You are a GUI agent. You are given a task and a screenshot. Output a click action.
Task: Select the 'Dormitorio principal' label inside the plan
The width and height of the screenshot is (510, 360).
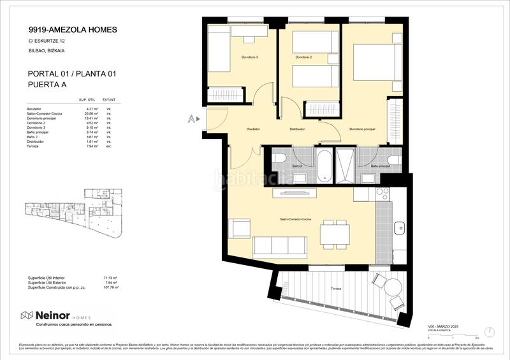(361, 129)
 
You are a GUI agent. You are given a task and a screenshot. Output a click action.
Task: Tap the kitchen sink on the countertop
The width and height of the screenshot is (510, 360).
(399, 226)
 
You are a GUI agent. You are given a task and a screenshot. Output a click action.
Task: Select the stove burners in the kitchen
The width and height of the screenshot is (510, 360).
(382, 193)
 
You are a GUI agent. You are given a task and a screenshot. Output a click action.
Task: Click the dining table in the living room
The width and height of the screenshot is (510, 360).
(334, 235)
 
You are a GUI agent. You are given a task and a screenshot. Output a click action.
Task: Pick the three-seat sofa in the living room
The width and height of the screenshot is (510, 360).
(280, 245)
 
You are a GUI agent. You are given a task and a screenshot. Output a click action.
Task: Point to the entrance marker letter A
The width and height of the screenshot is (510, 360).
(191, 119)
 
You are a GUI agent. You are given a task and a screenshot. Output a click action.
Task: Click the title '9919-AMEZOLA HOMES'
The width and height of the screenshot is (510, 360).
(73, 29)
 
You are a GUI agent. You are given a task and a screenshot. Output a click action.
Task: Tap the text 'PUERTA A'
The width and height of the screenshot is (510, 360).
(48, 84)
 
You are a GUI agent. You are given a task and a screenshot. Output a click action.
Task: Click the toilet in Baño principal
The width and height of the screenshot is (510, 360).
(393, 159)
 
